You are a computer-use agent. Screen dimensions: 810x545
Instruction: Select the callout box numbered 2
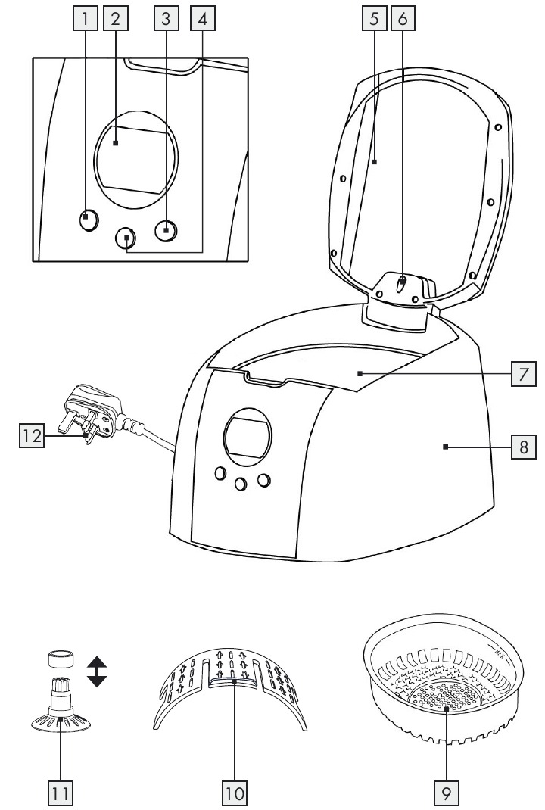pos(115,20)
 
